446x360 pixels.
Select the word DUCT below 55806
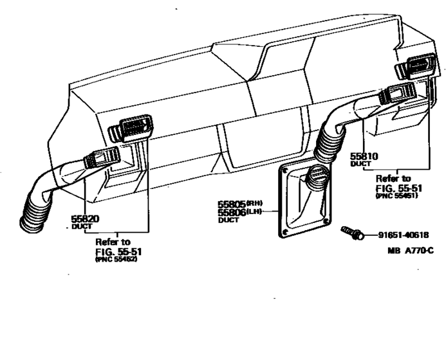pyautogui.click(x=228, y=220)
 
